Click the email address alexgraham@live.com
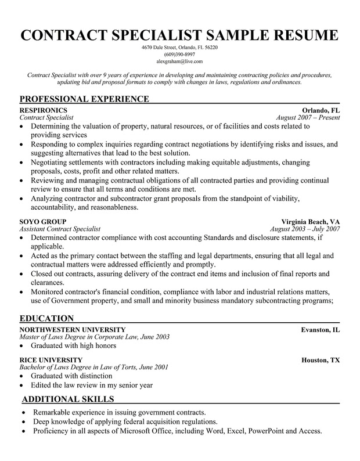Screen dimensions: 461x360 click(180, 61)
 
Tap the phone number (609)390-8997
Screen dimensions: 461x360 click(180, 54)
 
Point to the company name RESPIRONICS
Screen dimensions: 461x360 click(43, 110)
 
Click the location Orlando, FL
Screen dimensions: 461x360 click(321, 110)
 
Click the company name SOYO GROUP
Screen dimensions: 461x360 click(42, 222)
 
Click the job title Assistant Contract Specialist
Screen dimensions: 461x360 click(60, 229)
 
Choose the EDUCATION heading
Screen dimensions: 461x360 click(46, 318)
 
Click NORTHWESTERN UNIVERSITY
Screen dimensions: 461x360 click(72, 329)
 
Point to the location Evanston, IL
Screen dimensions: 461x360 click(321, 329)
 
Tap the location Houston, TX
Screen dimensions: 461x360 click(321, 360)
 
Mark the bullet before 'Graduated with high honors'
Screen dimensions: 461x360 click(22, 346)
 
